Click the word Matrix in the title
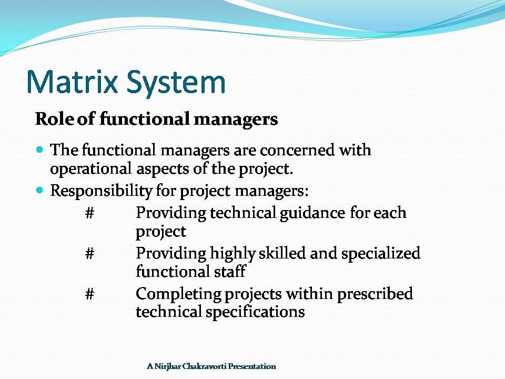pos(72,82)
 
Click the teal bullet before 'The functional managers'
pos(39,150)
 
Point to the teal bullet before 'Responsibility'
pos(39,190)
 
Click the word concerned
pos(297,150)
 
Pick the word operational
pos(91,169)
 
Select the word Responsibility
pos(101,191)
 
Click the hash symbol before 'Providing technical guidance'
pos(90,213)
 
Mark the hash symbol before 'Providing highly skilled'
pos(90,253)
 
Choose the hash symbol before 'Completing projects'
pos(90,294)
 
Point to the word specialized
pos(381,254)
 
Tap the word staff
pos(230,271)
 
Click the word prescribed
pos(375,294)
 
